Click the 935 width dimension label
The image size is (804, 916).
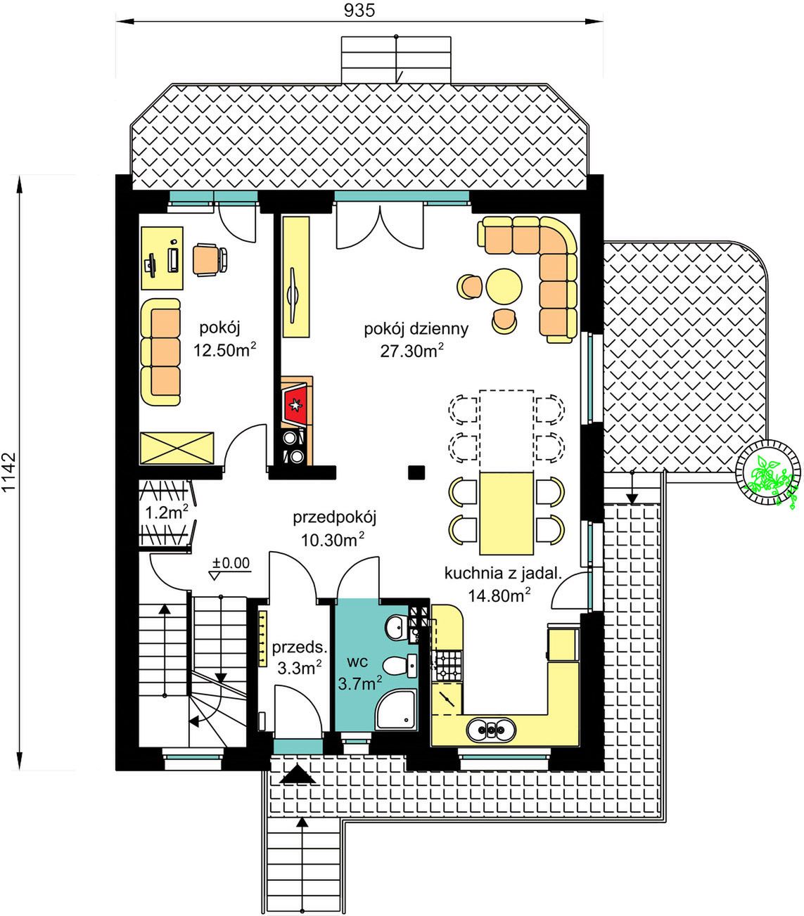(x=359, y=11)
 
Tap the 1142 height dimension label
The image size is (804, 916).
(x=10, y=472)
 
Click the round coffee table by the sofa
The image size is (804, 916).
(x=504, y=287)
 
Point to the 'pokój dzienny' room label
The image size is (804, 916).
(x=416, y=329)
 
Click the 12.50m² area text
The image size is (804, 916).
(x=225, y=349)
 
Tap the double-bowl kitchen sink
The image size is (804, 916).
(x=491, y=729)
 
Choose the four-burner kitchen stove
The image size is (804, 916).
(x=447, y=666)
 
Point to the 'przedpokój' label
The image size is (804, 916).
(x=334, y=517)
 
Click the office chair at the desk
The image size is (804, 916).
(x=210, y=259)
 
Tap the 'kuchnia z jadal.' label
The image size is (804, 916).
(x=503, y=574)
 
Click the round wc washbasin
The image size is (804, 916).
(x=397, y=627)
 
